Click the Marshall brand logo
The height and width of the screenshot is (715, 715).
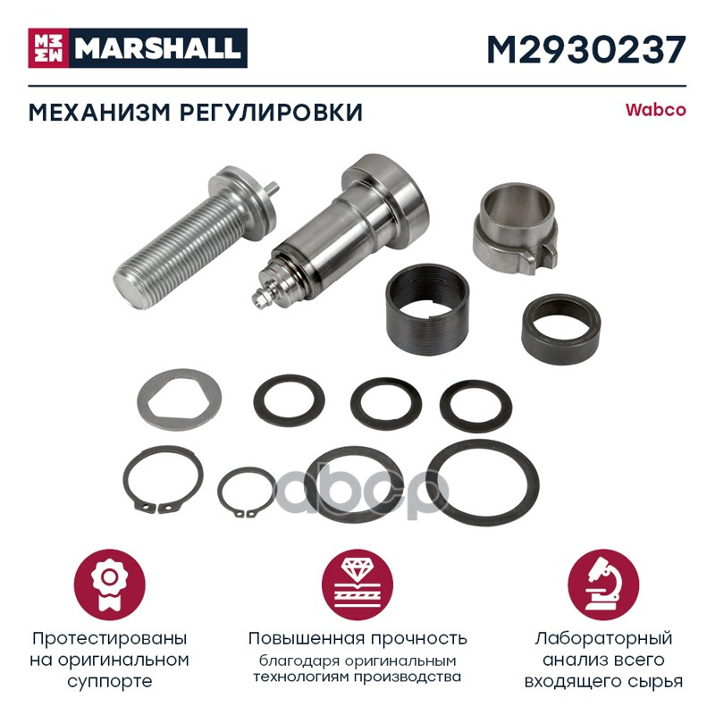[138, 48]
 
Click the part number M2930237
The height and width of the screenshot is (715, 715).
[586, 50]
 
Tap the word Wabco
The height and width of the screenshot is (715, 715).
[655, 110]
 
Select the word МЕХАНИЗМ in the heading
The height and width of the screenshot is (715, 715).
[100, 113]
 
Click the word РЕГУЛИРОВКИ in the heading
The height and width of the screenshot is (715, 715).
[272, 113]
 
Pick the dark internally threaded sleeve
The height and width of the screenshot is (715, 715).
[427, 309]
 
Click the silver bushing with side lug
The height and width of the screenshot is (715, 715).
[516, 227]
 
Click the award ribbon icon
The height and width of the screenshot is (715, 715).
[110, 585]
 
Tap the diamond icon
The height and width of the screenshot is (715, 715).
[357, 585]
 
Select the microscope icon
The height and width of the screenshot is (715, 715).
[604, 585]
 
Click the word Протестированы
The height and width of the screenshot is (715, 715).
[109, 638]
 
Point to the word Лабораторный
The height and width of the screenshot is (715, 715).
[604, 638]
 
